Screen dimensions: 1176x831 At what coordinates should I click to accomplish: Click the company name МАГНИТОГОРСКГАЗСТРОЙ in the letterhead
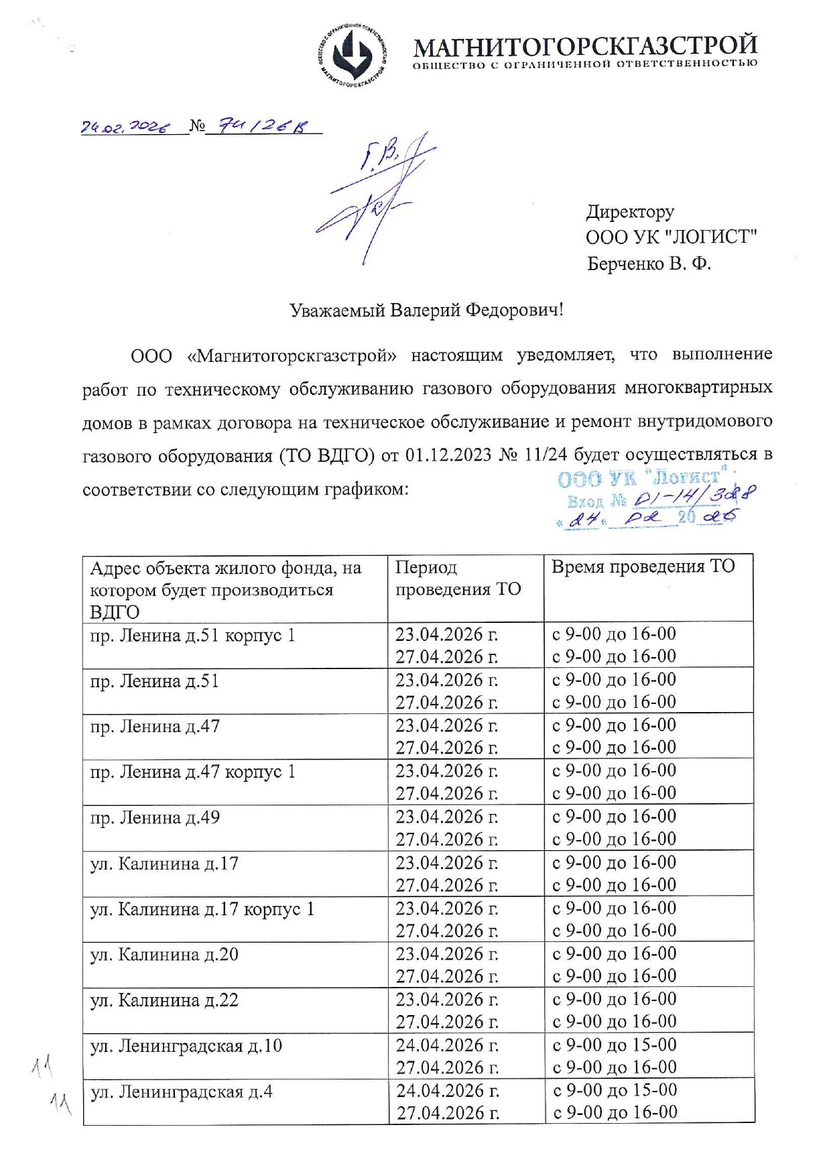[585, 46]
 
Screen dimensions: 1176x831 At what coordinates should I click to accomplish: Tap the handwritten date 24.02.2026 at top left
[125, 127]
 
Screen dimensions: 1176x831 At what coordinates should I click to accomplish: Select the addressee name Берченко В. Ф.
[648, 263]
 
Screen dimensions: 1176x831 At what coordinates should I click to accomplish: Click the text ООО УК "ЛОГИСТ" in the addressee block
[671, 237]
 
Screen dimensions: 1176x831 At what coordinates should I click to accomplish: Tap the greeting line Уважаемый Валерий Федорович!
[426, 310]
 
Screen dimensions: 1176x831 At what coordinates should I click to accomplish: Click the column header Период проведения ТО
[458, 578]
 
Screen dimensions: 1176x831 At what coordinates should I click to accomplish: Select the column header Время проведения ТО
[643, 567]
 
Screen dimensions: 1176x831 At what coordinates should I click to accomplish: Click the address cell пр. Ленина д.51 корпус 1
[192, 635]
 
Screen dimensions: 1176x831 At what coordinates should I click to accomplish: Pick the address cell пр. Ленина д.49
[155, 817]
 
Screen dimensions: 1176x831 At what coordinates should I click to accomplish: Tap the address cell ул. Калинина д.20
[164, 954]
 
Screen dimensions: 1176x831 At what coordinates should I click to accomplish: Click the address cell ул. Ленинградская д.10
[186, 1045]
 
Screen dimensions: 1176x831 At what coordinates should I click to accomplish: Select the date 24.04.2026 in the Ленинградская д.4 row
[447, 1091]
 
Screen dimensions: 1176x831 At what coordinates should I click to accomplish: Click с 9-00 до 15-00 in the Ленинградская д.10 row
[615, 1045]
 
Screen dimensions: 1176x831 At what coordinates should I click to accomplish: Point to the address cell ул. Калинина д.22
[164, 1000]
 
